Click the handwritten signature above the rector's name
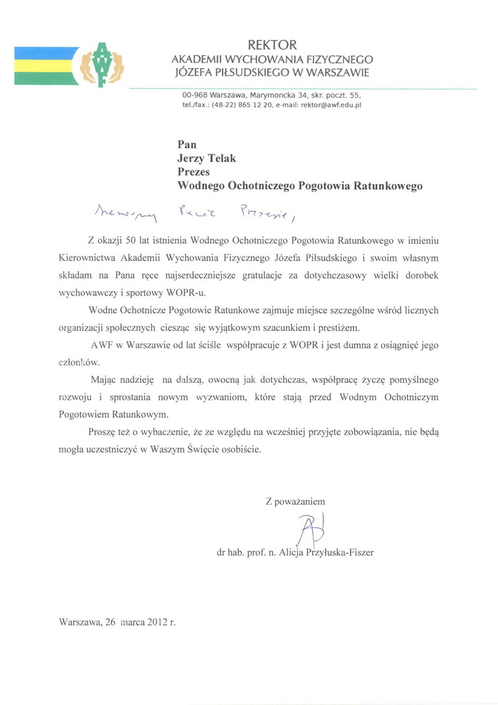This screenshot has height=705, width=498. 311,529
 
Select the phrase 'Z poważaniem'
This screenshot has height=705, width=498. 294,502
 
